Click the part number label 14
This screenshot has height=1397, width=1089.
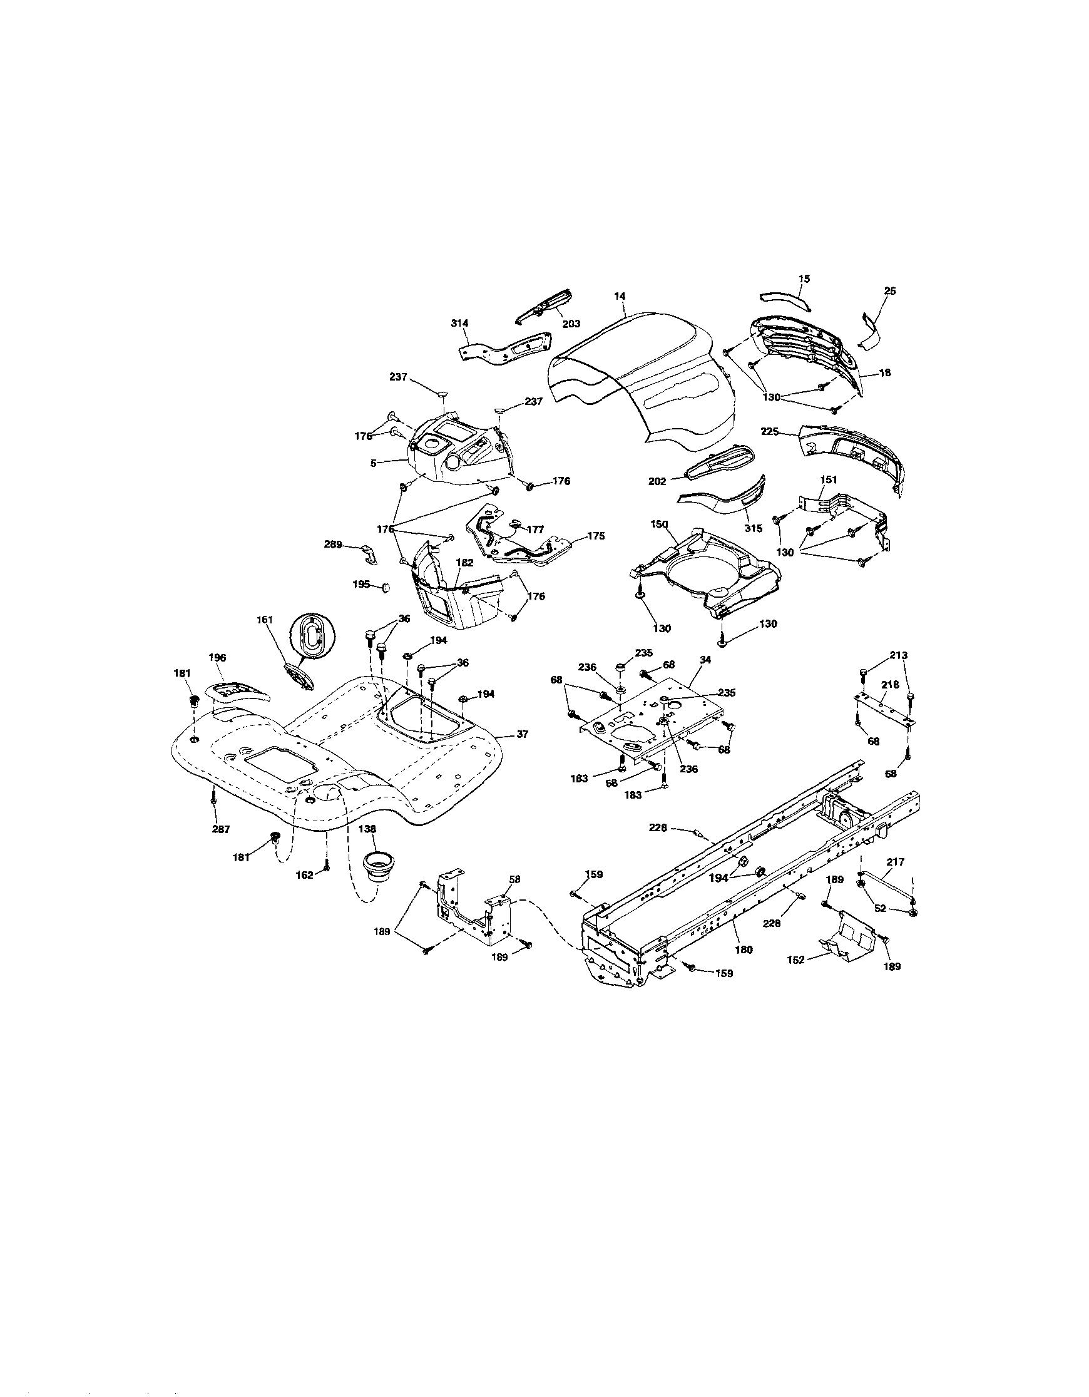619,296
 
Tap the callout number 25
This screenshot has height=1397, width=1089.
890,291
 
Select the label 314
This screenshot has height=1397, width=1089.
459,324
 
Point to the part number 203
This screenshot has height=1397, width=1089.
571,324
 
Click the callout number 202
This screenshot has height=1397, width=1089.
657,481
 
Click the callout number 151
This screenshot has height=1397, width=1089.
829,479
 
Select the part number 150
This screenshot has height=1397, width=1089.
658,524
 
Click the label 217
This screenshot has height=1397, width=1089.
896,862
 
